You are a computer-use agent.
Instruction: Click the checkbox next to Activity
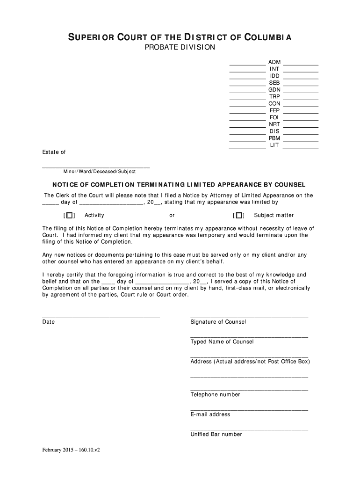(69, 216)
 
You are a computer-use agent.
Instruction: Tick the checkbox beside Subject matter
(238, 216)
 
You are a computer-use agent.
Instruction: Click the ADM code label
(274, 62)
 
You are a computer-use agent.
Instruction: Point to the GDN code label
(274, 90)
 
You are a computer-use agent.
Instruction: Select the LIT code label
(274, 145)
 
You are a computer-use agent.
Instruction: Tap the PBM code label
(274, 138)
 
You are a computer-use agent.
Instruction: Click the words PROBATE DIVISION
(180, 48)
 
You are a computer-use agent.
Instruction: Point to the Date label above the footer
(49, 322)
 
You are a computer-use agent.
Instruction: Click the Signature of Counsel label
(218, 322)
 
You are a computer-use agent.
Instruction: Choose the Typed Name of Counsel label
(222, 342)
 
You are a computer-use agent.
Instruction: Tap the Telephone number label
(215, 395)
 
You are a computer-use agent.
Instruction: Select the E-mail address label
(210, 414)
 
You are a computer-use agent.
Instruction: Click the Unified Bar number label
(216, 435)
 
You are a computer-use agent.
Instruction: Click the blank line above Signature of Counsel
(249, 317)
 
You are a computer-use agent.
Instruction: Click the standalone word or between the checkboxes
(172, 216)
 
